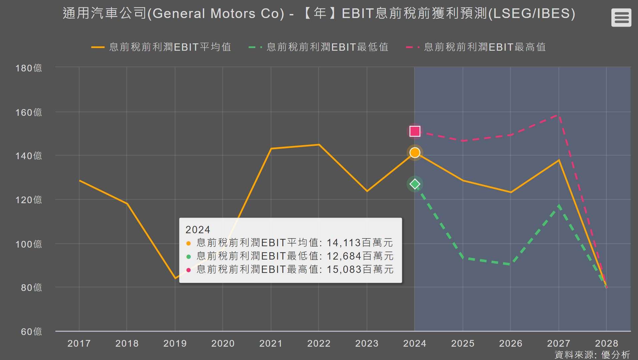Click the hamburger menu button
pos(621,17)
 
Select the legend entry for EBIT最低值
pos(319,47)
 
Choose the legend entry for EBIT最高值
pos(476,47)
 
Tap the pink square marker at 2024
pos(415,131)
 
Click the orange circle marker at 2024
pos(415,152)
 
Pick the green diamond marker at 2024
pos(415,184)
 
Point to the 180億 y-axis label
pos(29,68)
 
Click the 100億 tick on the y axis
pos(29,244)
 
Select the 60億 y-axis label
pos(31,331)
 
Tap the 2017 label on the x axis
pos(79,343)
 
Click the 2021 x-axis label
pos(271,343)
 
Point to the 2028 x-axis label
pos(606,343)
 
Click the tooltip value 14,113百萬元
pos(360,243)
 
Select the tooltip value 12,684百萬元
pos(360,256)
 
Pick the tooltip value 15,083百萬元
pos(360,269)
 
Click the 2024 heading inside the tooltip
pos(198,230)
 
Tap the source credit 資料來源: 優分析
pos(592,355)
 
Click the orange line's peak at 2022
pos(319,144)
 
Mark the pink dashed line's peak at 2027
pos(559,115)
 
